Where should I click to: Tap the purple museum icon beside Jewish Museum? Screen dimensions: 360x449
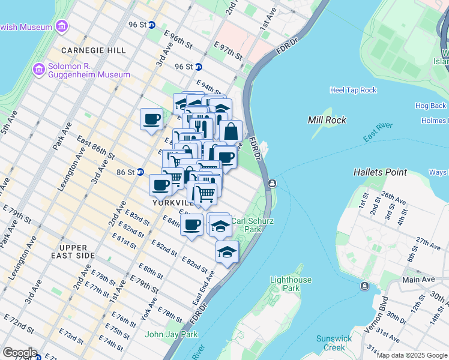[61, 26]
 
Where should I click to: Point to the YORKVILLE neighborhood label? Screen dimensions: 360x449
[172, 203]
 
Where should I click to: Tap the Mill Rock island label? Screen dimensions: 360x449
[327, 120]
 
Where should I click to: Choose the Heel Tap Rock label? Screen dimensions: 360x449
[353, 90]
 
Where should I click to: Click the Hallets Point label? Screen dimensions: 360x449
[380, 172]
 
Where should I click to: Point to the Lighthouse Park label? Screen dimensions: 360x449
[291, 284]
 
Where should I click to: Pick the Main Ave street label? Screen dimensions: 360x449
[418, 280]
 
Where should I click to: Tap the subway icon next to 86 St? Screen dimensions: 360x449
[140, 172]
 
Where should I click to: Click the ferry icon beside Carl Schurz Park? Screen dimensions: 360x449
[272, 183]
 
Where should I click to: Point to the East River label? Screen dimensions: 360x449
[377, 132]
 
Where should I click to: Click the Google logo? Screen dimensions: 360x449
[20, 353]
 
